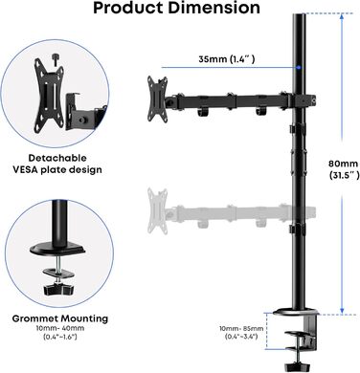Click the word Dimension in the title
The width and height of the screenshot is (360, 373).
click(x=214, y=8)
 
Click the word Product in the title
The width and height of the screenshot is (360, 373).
click(x=128, y=8)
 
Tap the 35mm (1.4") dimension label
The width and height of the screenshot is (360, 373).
click(x=227, y=59)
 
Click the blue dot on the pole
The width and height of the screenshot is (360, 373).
click(x=299, y=68)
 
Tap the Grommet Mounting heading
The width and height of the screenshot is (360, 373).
click(x=60, y=318)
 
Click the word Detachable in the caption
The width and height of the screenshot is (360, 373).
click(x=57, y=158)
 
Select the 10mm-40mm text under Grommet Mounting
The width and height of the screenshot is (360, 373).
click(x=60, y=328)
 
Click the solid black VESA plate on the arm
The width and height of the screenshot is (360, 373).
click(x=157, y=99)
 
